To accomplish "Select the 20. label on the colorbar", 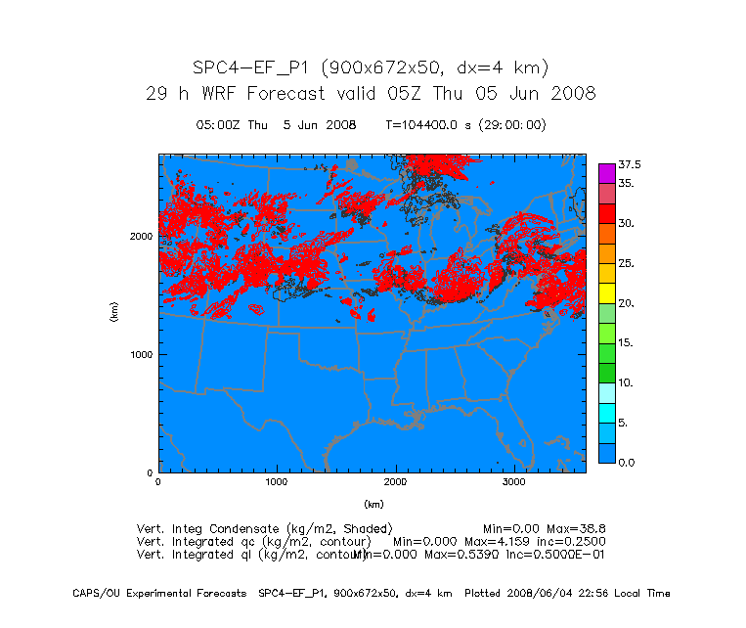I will click(x=627, y=303).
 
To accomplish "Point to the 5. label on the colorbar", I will click(x=623, y=423).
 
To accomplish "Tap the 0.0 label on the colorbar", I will click(x=627, y=463).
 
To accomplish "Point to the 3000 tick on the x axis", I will click(x=514, y=482).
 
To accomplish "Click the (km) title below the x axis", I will click(x=373, y=505).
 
